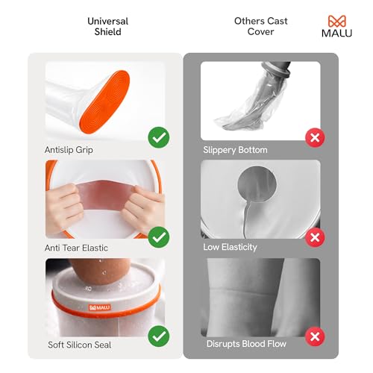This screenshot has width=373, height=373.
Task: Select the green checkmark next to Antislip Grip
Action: click(x=158, y=137)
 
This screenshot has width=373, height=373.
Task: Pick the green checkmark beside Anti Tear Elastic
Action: click(x=158, y=237)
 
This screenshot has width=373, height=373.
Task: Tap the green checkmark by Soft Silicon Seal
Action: click(x=158, y=336)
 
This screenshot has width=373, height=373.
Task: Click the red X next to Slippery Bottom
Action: click(x=316, y=137)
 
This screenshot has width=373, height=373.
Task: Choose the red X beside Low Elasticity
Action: click(x=316, y=237)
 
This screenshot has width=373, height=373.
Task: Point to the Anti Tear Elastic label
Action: click(x=77, y=246)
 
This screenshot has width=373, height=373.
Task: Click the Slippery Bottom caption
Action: click(x=235, y=150)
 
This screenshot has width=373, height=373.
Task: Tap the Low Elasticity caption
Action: click(x=231, y=246)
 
